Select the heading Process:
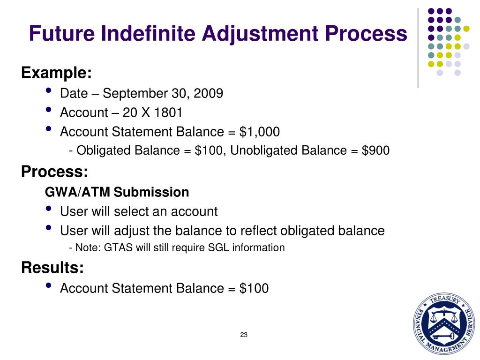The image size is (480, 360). [x=54, y=172]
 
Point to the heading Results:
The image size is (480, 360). [x=52, y=268]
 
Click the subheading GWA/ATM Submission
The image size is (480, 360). [x=117, y=192]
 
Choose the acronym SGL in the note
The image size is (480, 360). [x=228, y=247]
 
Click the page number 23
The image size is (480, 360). [x=243, y=335]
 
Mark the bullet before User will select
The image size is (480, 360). [x=49, y=210]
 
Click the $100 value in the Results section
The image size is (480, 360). [x=254, y=288]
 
